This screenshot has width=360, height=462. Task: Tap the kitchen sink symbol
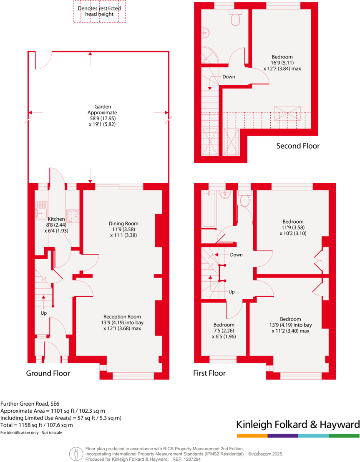[x=42, y=210]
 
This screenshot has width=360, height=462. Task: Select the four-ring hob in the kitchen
[x=73, y=215]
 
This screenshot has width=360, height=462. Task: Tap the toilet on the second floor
[x=235, y=18]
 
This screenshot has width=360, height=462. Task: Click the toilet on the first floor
[x=245, y=200]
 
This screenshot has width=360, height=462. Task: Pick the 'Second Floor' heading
[x=298, y=146]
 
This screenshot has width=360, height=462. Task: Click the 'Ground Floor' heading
[x=48, y=373]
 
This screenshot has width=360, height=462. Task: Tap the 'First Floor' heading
[x=209, y=373]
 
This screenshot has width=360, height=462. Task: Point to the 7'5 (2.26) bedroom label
[x=224, y=331]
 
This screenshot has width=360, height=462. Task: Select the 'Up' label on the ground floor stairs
[x=44, y=313]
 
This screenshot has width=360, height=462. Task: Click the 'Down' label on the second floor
[x=229, y=77]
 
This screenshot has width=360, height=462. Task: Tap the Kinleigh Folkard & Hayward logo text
[x=297, y=425]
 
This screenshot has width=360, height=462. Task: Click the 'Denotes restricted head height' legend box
[x=99, y=11]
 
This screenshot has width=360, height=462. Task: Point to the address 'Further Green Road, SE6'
[x=30, y=404]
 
